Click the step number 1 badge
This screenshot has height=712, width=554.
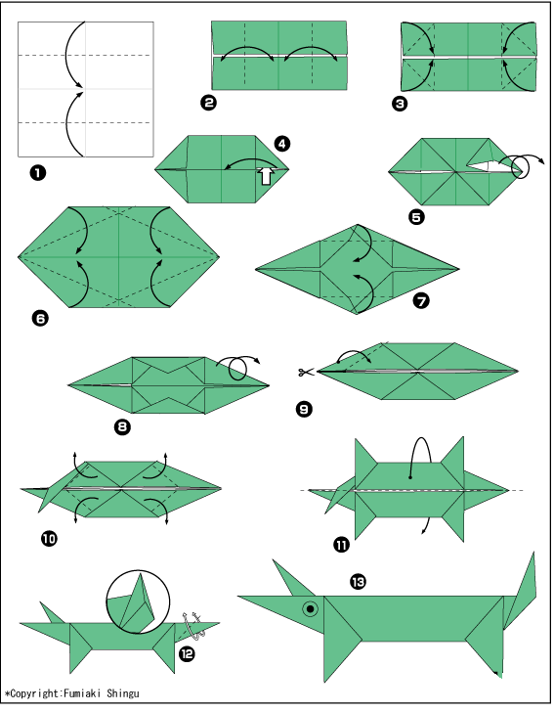[x=38, y=173]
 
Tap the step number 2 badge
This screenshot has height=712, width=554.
[x=208, y=103]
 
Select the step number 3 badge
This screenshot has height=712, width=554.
[x=400, y=104]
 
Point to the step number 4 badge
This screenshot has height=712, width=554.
[x=282, y=144]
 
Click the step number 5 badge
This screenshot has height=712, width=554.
[x=416, y=217]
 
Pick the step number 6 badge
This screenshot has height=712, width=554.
[x=40, y=319]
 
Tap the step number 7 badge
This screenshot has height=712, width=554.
[x=421, y=300]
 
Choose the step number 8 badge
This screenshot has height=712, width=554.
[x=122, y=426]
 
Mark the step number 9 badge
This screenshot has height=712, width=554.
[x=304, y=409]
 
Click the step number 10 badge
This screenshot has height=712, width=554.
[x=49, y=539]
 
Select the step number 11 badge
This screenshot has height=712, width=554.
[x=342, y=544]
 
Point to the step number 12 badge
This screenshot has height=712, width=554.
[x=187, y=654]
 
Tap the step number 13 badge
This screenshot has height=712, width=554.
[x=358, y=582]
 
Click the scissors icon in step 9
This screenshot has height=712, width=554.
[x=306, y=373]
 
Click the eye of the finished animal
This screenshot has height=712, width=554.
[x=311, y=609]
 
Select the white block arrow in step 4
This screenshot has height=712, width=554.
[x=267, y=176]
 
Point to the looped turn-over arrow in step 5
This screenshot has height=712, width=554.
[x=522, y=165]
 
